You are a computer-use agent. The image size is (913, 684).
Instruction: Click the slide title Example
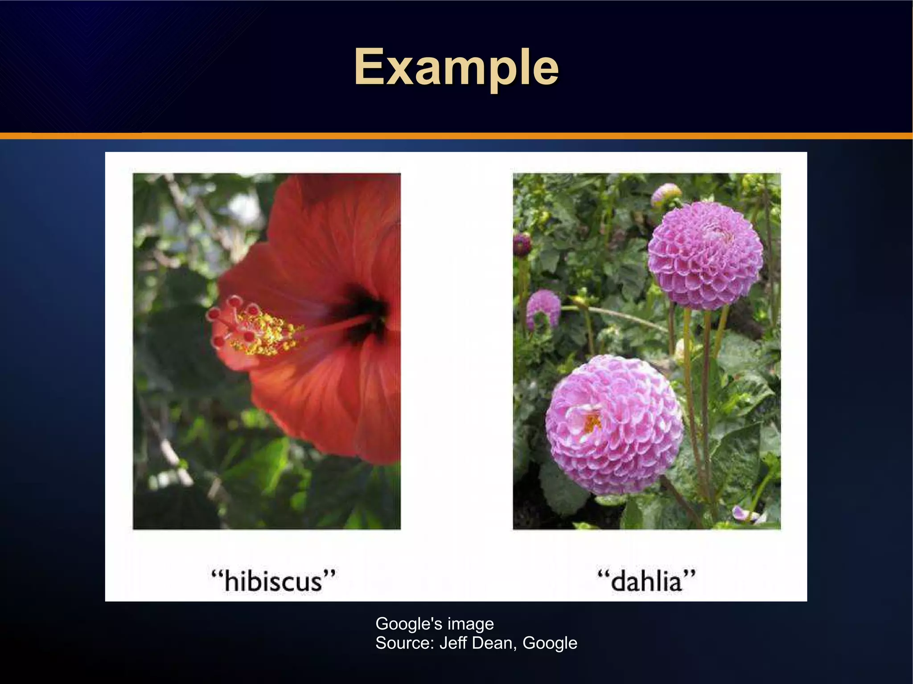[x=456, y=68]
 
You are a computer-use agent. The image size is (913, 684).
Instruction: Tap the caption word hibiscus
[x=273, y=581]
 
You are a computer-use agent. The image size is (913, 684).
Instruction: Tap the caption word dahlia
[x=646, y=581]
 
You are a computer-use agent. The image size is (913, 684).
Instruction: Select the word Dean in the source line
[x=493, y=643]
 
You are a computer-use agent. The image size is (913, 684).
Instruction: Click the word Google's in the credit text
[x=409, y=623]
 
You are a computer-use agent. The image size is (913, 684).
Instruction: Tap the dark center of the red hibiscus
[x=363, y=312]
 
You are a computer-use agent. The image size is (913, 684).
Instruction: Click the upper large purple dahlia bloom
[x=705, y=256]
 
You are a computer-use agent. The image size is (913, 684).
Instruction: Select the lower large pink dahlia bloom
[x=614, y=425]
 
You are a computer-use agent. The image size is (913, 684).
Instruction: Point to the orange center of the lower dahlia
[x=592, y=422]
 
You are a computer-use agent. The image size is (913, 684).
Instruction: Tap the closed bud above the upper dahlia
[x=666, y=194]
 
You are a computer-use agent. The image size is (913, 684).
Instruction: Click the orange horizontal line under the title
[x=456, y=136]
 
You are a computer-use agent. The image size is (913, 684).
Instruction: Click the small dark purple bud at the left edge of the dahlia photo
[x=522, y=244]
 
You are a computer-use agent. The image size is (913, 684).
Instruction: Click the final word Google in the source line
[x=550, y=643]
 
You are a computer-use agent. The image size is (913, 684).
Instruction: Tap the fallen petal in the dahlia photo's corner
[x=747, y=514]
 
